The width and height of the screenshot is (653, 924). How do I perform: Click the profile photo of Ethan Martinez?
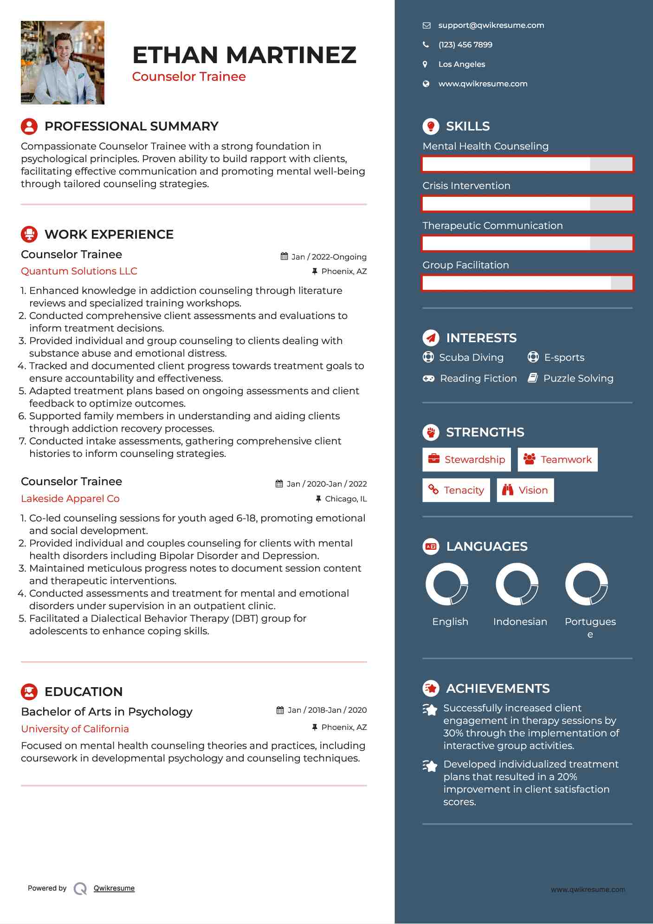(63, 63)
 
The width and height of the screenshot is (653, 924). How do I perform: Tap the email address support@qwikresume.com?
(491, 26)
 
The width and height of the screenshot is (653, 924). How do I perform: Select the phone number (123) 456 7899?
(465, 45)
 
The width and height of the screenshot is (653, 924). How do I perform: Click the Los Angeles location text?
(461, 65)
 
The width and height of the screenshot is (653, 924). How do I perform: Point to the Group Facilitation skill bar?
(527, 283)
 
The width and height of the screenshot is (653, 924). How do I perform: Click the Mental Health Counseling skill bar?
(527, 164)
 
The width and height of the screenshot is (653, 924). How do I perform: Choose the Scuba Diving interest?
(471, 358)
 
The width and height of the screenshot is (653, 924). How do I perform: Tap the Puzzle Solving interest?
(578, 378)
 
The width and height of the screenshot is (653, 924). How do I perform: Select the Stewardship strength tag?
(466, 460)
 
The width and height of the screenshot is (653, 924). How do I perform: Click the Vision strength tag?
(525, 490)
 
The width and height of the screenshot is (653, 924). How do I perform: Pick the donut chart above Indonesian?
(517, 584)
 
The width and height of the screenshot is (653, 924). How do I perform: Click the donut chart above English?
(447, 584)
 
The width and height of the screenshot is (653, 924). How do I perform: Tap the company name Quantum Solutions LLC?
(79, 271)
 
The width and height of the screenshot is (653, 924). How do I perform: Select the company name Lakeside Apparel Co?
(70, 499)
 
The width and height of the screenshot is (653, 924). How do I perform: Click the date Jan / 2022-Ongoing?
(329, 257)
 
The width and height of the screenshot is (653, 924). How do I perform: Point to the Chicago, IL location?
(345, 499)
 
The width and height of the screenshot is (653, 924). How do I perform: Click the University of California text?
(75, 729)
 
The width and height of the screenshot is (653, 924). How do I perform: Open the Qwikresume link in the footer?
(114, 888)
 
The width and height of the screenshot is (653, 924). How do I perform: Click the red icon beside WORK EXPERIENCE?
(29, 234)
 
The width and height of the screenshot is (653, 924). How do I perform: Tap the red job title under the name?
(189, 77)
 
